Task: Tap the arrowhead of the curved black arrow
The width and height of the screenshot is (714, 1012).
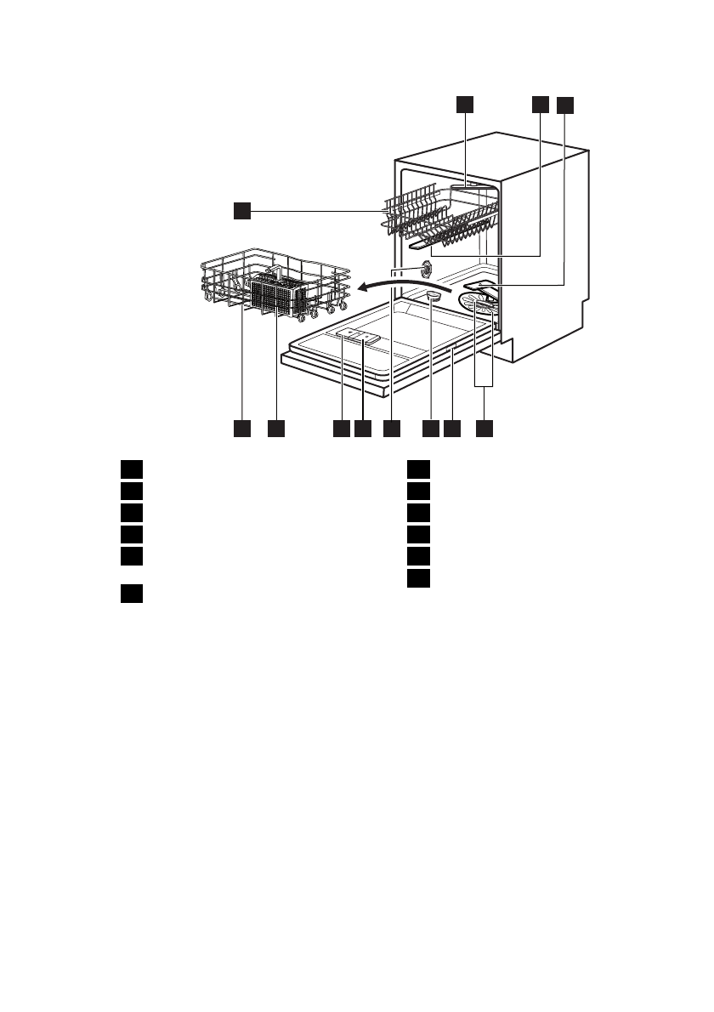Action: point(361,287)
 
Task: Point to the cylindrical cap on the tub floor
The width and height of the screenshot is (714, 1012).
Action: point(432,295)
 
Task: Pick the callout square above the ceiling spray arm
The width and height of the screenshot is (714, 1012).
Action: point(463,104)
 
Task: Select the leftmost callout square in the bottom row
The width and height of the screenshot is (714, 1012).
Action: point(242,429)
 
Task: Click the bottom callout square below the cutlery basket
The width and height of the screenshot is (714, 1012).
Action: point(276,429)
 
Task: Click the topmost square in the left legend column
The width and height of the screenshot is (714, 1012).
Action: point(129,469)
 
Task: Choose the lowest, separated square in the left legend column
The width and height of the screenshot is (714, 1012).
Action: point(129,594)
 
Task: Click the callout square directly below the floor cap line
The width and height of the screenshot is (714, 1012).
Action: point(431,429)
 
